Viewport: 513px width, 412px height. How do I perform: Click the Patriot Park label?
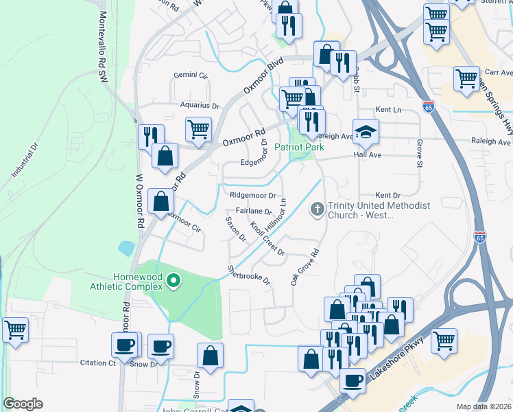tap(299, 147)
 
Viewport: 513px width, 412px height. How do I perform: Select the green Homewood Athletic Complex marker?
tap(174, 280)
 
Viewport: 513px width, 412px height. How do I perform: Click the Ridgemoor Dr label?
tap(252, 196)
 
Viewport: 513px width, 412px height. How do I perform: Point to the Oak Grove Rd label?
tap(305, 267)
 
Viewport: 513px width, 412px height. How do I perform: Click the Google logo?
tap(23, 404)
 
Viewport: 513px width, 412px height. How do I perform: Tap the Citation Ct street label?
tap(97, 363)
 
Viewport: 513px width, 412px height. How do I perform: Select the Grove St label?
tap(419, 153)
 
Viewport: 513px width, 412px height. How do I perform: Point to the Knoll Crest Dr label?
tap(267, 238)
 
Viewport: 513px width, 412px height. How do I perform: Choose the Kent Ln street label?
tap(387, 110)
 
